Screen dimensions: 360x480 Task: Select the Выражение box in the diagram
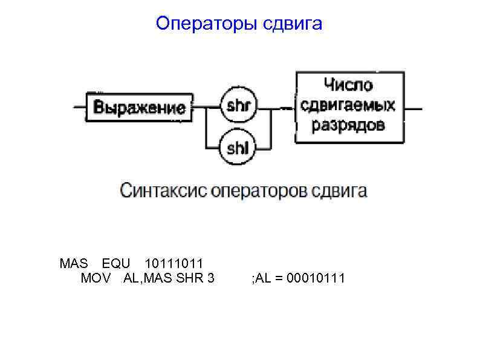click(x=140, y=108)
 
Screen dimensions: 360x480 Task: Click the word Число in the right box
click(x=348, y=86)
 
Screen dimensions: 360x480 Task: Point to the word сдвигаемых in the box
click(x=348, y=106)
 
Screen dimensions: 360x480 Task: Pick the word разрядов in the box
click(x=348, y=125)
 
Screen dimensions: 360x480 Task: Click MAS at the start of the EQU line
click(x=74, y=264)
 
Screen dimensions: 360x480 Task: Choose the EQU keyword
click(x=115, y=264)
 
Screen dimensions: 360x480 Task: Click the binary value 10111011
click(x=174, y=264)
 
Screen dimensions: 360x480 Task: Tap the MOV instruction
click(x=95, y=278)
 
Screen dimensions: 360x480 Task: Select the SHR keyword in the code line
click(x=192, y=278)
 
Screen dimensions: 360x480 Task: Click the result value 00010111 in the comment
click(x=316, y=278)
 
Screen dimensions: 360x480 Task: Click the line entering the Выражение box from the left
click(x=80, y=108)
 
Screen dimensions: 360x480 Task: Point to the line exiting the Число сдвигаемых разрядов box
click(x=413, y=108)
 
